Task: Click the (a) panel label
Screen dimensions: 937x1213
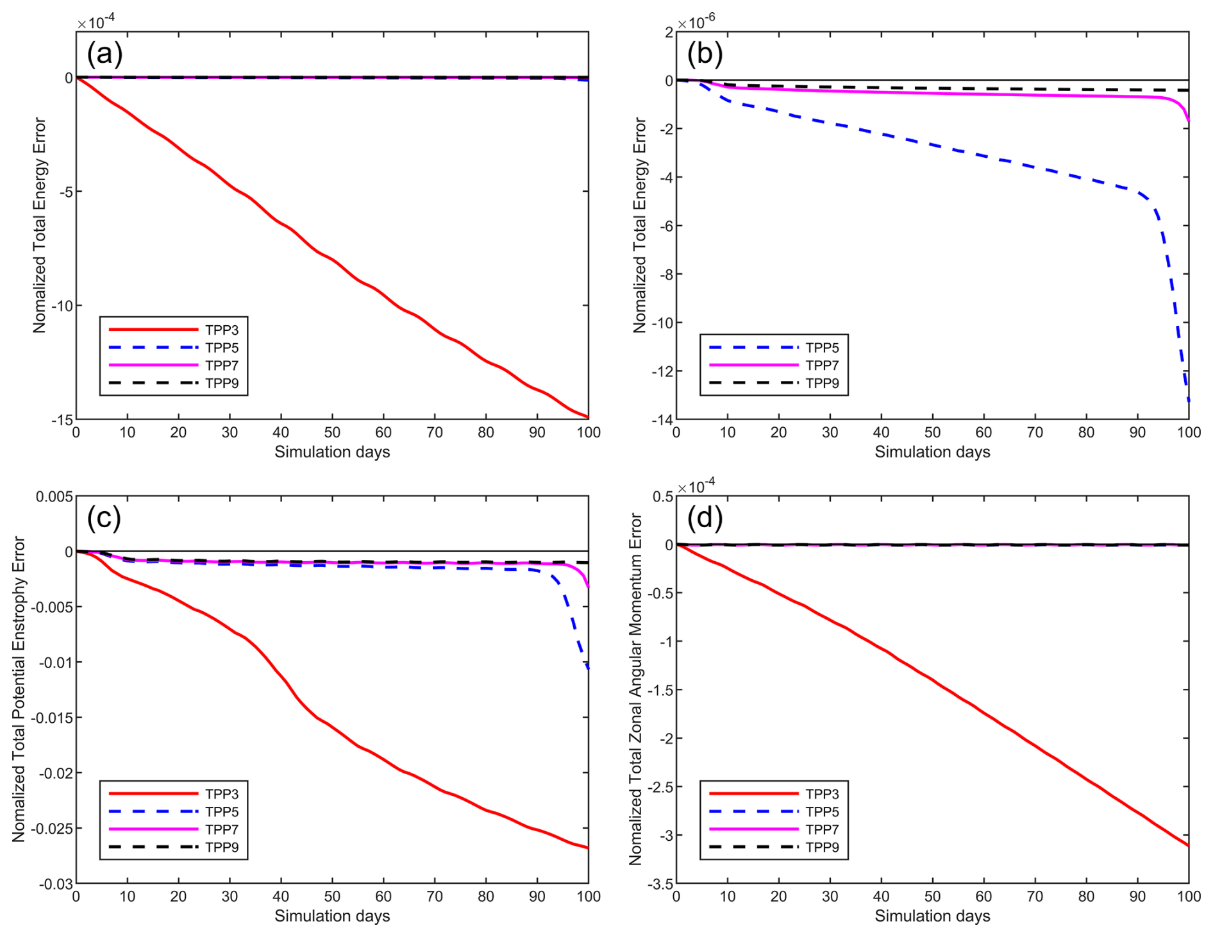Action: (x=105, y=54)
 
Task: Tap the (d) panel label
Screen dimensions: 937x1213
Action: (x=705, y=518)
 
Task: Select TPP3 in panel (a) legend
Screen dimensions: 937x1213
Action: (x=222, y=330)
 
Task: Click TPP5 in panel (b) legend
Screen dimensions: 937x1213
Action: (x=822, y=348)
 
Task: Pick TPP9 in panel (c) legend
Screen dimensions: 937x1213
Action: (x=222, y=847)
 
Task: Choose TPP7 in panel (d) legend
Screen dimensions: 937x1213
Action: (x=822, y=829)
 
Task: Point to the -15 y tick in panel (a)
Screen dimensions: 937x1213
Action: (x=62, y=419)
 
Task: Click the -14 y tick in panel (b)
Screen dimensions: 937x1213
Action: (x=662, y=419)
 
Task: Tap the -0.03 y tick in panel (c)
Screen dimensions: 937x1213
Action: (x=56, y=884)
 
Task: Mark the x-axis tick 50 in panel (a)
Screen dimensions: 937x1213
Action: (x=332, y=433)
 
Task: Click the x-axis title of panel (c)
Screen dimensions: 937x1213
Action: (x=332, y=916)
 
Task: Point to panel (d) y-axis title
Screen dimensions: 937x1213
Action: (x=635, y=689)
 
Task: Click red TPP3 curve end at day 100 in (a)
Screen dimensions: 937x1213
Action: (x=588, y=418)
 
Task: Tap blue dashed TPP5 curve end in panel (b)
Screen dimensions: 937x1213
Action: (x=1188, y=401)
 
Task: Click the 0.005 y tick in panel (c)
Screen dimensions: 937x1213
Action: (x=54, y=497)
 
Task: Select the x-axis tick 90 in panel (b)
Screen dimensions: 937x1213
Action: (x=1137, y=433)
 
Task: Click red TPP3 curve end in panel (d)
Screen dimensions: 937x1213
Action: (x=1188, y=845)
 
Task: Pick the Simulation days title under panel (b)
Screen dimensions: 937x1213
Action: (x=932, y=452)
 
